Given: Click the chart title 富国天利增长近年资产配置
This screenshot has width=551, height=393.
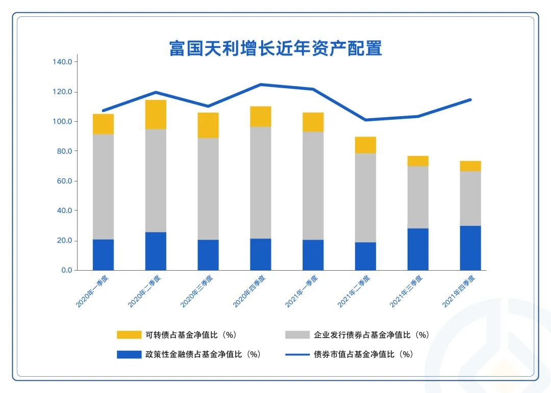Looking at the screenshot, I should [275, 48].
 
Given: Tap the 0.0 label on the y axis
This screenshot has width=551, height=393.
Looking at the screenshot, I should [66, 270].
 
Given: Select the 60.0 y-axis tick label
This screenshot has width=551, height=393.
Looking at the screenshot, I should [64, 181].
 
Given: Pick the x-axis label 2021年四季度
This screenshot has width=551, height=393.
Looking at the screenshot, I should [459, 292].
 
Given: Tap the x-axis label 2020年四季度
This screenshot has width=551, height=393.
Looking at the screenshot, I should [249, 292].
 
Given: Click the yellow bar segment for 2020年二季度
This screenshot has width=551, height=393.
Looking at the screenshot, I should [156, 115].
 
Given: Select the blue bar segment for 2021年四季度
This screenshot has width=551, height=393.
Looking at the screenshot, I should [470, 248].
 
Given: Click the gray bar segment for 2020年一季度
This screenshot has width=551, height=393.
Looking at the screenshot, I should [103, 187].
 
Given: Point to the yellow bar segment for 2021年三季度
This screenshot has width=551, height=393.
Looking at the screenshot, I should [418, 161].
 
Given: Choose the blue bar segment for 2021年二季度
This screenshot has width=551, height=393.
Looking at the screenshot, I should [365, 256].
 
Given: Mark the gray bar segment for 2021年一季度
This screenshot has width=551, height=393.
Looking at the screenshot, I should [313, 186].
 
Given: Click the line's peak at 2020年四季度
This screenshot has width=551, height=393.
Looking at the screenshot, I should [261, 85].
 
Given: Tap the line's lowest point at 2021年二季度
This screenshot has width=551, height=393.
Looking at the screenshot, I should [365, 120].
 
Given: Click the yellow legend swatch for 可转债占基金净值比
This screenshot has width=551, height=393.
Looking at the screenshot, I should [129, 335].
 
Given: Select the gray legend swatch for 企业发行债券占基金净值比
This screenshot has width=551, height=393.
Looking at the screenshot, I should [297, 335].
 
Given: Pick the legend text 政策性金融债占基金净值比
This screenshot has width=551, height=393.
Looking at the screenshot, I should [203, 354].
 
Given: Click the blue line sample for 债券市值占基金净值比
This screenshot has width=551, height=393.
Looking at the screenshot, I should [297, 354].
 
